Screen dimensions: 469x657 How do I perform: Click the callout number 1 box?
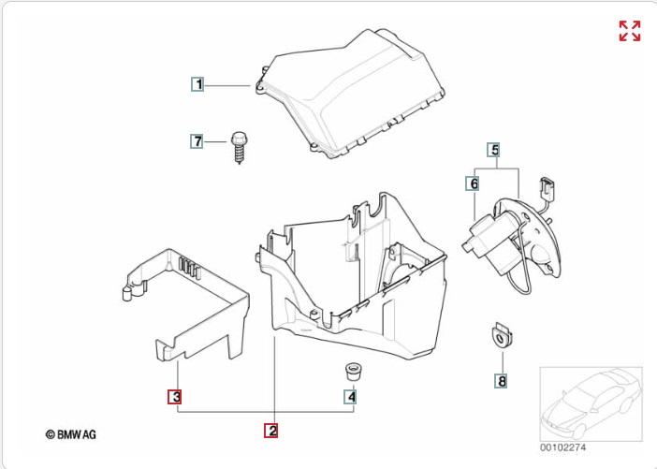pos(197,84)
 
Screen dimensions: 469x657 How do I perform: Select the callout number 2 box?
pos(271,431)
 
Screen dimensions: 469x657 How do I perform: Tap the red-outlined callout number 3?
pos(175,397)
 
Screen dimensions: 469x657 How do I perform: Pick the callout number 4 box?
pos(351,397)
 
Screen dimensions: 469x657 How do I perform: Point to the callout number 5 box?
pos(494,149)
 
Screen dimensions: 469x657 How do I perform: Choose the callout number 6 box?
pos(474,183)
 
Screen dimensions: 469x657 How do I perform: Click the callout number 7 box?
pos(197,141)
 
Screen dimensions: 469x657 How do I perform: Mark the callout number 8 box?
pos(502,381)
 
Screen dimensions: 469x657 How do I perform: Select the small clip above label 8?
pos(504,334)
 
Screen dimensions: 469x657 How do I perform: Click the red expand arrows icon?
pos(630,31)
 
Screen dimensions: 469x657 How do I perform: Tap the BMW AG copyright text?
pos(71,434)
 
